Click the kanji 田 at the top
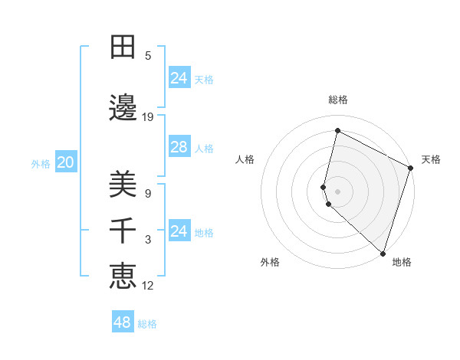pyautogui.click(x=123, y=47)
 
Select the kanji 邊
pyautogui.click(x=123, y=108)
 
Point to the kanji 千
pyautogui.click(x=123, y=231)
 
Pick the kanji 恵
pyautogui.click(x=123, y=277)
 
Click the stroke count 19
pyautogui.click(x=148, y=116)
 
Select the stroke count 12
pyautogui.click(x=148, y=286)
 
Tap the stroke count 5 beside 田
pyautogui.click(x=148, y=55)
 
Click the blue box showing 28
pyautogui.click(x=179, y=147)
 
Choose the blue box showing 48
pyautogui.click(x=123, y=322)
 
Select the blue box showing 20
pyautogui.click(x=65, y=162)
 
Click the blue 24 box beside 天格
pyautogui.click(x=179, y=78)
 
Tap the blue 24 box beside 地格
pyautogui.click(x=179, y=231)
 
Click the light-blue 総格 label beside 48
pyautogui.click(x=147, y=324)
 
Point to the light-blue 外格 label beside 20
pyautogui.click(x=41, y=163)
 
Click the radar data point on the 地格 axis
pyautogui.click(x=383, y=253)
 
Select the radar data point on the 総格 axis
pyautogui.click(x=337, y=131)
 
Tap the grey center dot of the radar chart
pyautogui.click(x=337, y=191)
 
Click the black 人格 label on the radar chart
pyautogui.click(x=245, y=159)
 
